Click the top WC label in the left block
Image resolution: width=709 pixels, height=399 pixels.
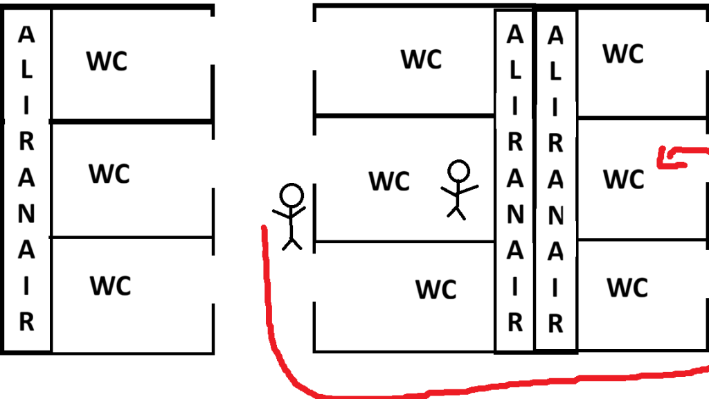click(107, 61)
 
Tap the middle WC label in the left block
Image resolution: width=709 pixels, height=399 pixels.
click(109, 174)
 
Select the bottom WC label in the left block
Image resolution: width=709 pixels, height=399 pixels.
click(111, 285)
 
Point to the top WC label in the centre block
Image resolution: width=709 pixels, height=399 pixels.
click(422, 59)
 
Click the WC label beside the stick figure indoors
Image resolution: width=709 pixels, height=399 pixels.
click(389, 181)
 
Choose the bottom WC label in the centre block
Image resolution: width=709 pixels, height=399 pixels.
click(436, 289)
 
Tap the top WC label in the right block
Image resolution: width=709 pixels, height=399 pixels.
click(623, 53)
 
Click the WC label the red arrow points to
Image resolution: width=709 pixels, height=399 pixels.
click(624, 179)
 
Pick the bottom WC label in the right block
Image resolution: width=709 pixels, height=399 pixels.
click(627, 287)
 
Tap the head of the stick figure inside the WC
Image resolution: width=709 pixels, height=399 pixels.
click(458, 170)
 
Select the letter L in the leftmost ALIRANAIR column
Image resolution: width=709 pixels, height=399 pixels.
click(26, 70)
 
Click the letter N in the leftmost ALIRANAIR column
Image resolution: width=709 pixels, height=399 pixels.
click(26, 214)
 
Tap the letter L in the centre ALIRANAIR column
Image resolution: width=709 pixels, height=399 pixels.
click(515, 71)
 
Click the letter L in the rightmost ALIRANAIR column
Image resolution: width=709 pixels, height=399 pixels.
click(555, 72)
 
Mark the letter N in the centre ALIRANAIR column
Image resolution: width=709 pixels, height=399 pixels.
click(515, 215)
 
